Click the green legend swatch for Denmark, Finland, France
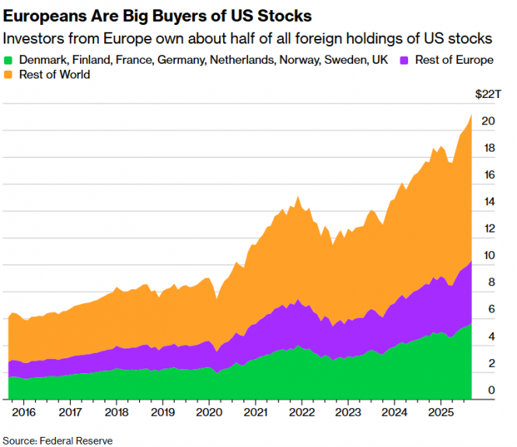tap(9, 60)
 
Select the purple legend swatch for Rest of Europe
tap(404, 60)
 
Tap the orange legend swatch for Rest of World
tap(9, 75)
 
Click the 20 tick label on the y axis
tap(488, 121)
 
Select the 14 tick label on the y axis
tap(488, 202)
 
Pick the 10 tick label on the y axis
tap(488, 256)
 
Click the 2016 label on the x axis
tap(24, 411)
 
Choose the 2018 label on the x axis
tap(116, 411)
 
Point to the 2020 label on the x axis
tap(208, 411)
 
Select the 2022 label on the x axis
tap(301, 411)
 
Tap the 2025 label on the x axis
tap(441, 411)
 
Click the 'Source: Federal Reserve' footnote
tap(58, 441)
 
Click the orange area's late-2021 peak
tap(298, 197)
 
